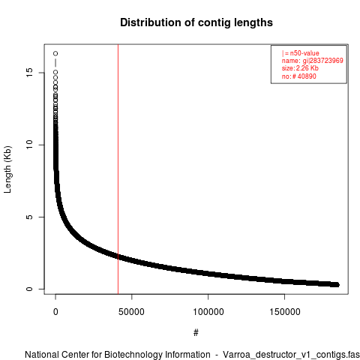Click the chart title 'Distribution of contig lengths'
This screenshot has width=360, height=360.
click(x=196, y=22)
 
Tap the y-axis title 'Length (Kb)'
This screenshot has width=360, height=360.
click(x=7, y=169)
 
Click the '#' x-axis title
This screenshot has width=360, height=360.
click(x=196, y=332)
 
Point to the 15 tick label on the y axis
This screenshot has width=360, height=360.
click(x=29, y=73)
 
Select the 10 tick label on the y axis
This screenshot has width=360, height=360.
click(x=29, y=145)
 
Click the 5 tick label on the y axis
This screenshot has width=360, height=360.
click(x=29, y=217)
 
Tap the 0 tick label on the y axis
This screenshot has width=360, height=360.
click(x=29, y=289)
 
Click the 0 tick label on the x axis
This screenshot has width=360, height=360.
click(x=55, y=312)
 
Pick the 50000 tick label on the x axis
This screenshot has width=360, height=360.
click(x=131, y=312)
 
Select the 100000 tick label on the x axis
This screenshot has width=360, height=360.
click(x=208, y=312)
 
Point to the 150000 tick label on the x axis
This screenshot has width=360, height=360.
click(x=284, y=312)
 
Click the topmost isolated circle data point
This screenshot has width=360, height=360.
click(x=55, y=53)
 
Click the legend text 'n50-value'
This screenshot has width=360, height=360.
click(x=304, y=53)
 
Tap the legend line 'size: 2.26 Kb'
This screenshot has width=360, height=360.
click(x=300, y=68)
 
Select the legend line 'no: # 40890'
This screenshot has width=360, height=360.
click(x=299, y=76)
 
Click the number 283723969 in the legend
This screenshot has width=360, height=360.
click(x=326, y=61)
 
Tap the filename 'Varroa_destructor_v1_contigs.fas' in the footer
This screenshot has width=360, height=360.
click(x=291, y=355)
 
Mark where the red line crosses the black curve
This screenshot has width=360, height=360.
click(x=118, y=256)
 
